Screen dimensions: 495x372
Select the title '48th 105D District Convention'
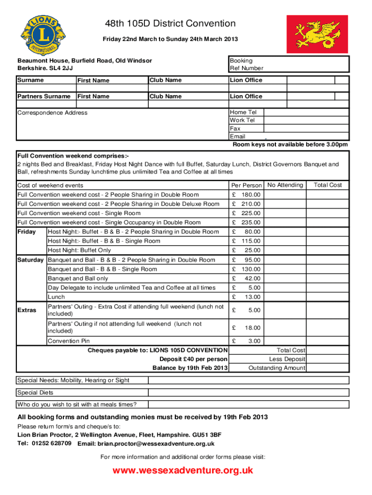pos(171,24)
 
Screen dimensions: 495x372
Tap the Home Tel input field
pos(305,112)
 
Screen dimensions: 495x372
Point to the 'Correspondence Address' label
pos(53,113)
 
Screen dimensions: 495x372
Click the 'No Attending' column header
pos(285,185)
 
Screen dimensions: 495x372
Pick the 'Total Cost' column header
pos(328,185)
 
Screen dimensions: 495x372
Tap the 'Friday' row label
pos(27,232)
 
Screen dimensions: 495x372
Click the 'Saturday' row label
pos(30,260)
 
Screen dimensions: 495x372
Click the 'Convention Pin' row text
pos(69,341)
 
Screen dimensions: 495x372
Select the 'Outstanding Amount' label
pos(276,368)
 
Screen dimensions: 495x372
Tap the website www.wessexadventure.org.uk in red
pos(183,470)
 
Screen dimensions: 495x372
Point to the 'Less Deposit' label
pos(287,359)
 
